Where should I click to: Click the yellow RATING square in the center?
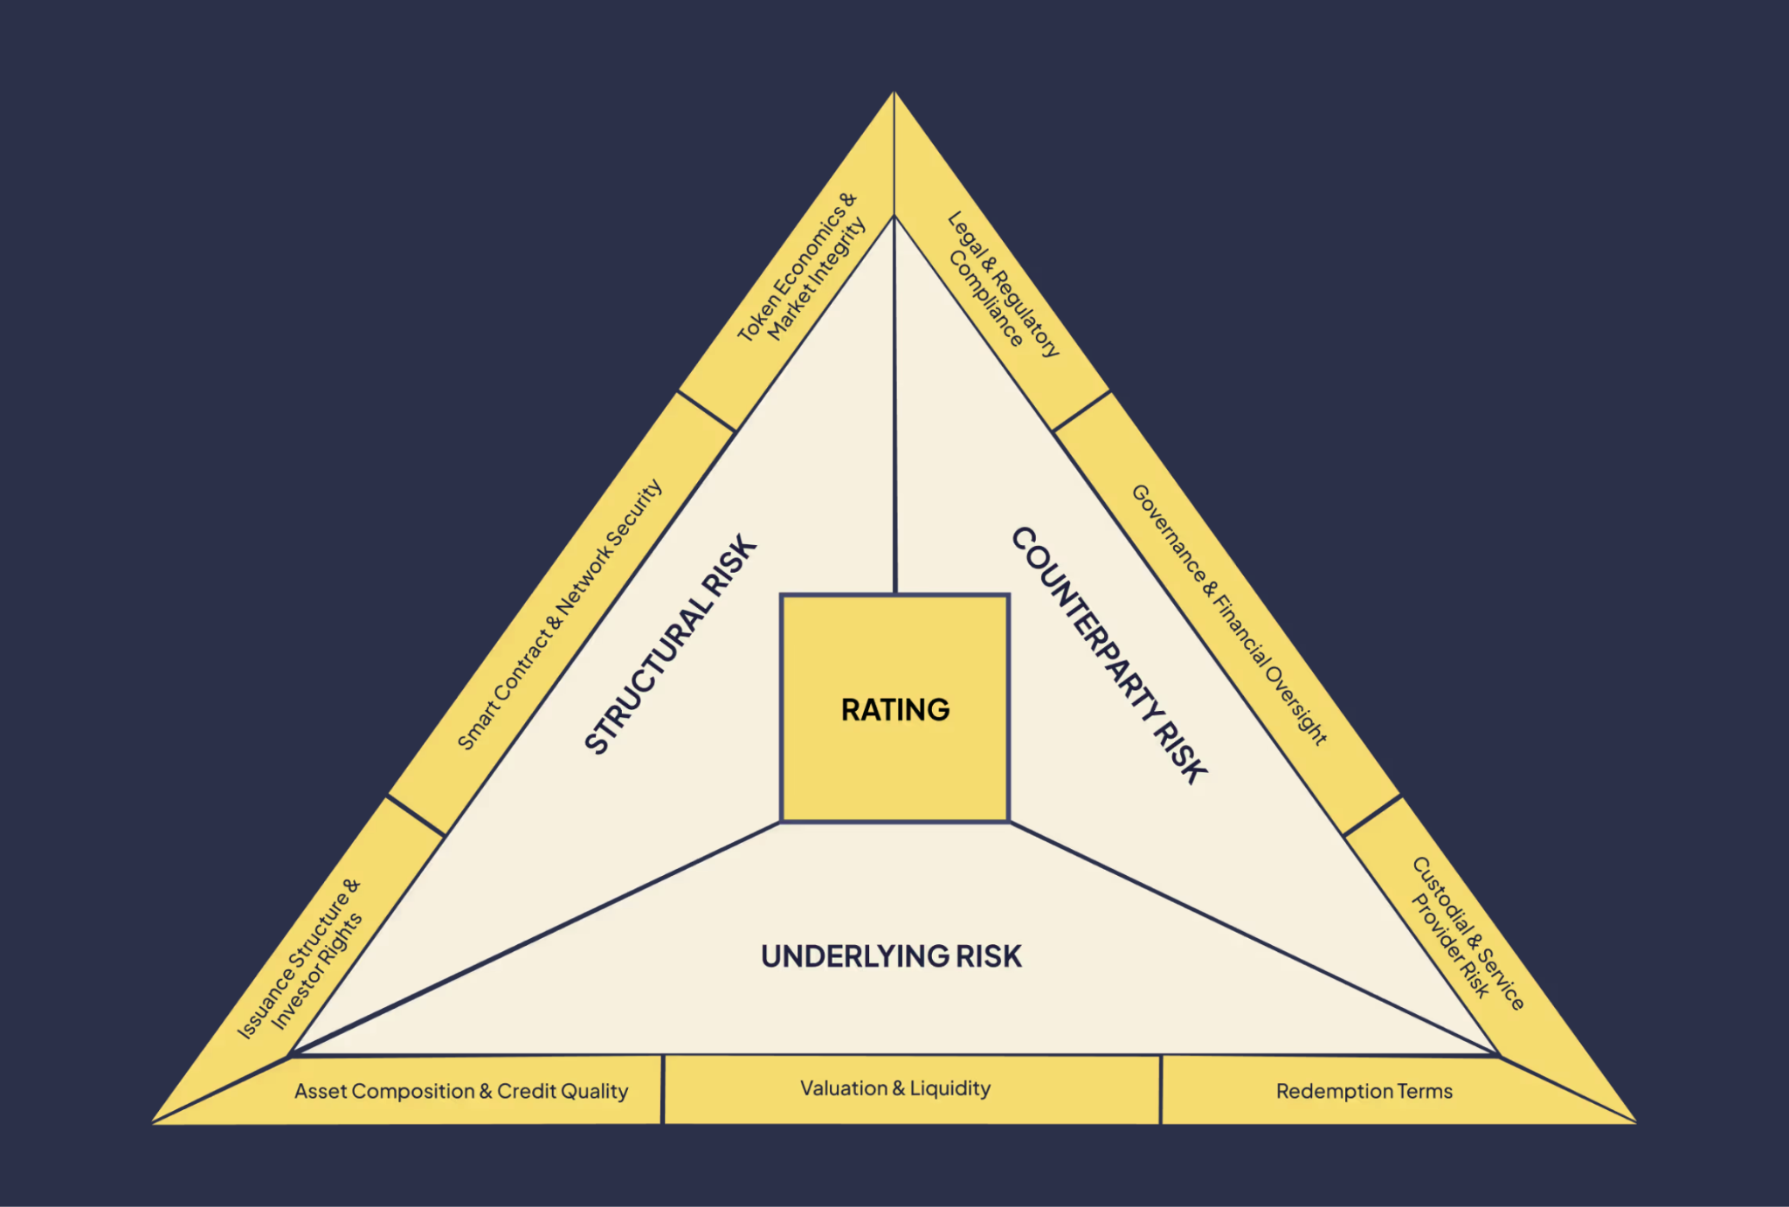coord(894,709)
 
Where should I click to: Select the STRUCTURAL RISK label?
coord(670,645)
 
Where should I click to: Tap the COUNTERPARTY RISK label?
coord(1109,655)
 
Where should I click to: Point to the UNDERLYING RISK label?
coord(891,956)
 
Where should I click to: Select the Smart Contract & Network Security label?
coord(560,615)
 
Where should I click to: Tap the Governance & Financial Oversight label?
coord(1229,614)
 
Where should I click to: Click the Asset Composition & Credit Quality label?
coord(461,1091)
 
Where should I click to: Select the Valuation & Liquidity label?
coord(895,1088)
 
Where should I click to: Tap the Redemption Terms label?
coord(1364,1091)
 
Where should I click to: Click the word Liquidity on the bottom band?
coord(950,1088)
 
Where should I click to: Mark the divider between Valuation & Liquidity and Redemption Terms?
coord(1161,1090)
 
